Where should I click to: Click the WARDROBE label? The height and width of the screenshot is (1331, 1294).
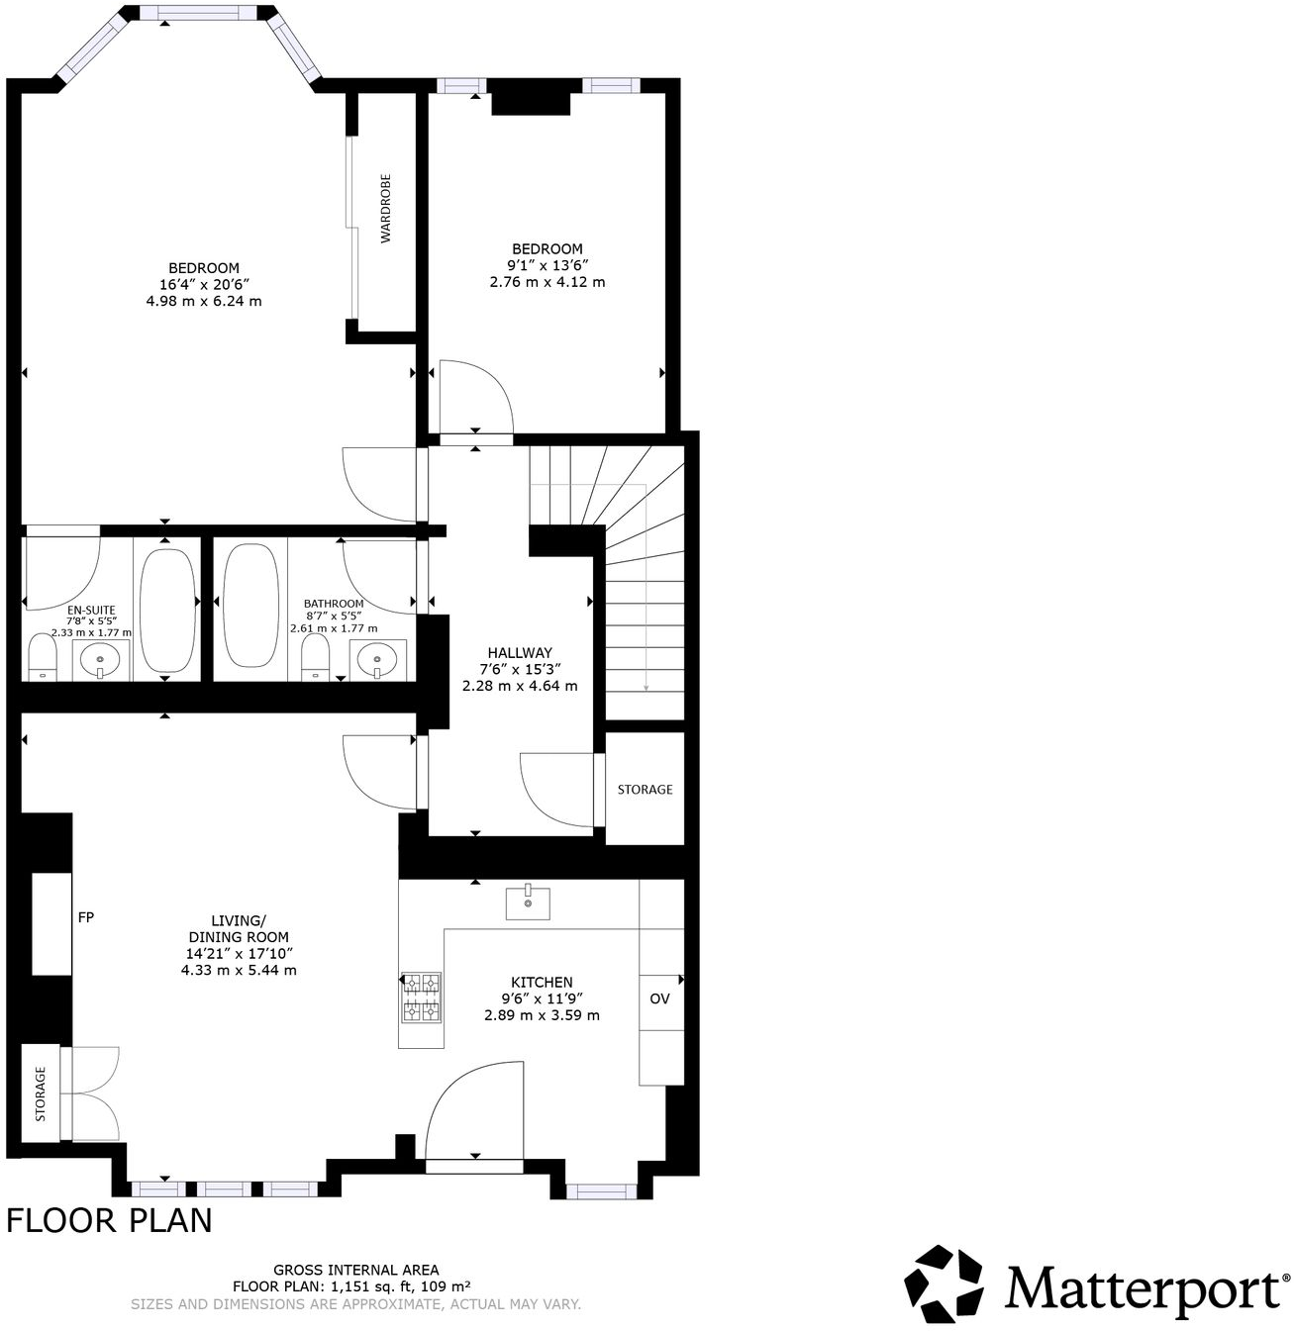pyautogui.click(x=386, y=209)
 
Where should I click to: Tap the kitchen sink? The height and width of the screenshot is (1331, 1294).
pyautogui.click(x=528, y=903)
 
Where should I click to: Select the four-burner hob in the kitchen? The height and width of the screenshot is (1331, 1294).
pyautogui.click(x=421, y=997)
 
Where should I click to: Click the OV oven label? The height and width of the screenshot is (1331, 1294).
pyautogui.click(x=659, y=998)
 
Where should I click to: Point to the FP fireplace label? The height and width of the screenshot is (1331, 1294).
pyautogui.click(x=86, y=917)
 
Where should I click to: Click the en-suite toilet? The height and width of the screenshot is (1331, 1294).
pyautogui.click(x=42, y=658)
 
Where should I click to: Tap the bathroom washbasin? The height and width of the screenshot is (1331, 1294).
pyautogui.click(x=377, y=659)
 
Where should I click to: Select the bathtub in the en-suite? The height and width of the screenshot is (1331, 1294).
pyautogui.click(x=167, y=610)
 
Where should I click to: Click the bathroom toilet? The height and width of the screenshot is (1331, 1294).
pyautogui.click(x=315, y=658)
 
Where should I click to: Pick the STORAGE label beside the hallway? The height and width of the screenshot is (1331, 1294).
pyautogui.click(x=645, y=790)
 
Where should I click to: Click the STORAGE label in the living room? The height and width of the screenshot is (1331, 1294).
pyautogui.click(x=41, y=1093)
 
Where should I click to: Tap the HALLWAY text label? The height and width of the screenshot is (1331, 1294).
pyautogui.click(x=519, y=653)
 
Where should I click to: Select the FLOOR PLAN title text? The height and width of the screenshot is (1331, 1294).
pyautogui.click(x=109, y=1221)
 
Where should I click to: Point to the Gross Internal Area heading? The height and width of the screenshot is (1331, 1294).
pyautogui.click(x=355, y=1270)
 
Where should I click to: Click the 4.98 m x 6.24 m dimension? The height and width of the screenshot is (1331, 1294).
pyautogui.click(x=204, y=301)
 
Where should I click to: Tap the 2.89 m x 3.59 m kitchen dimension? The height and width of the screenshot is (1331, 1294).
pyautogui.click(x=542, y=1014)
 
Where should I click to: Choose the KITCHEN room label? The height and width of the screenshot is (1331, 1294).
pyautogui.click(x=542, y=982)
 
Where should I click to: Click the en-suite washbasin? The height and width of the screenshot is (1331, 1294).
pyautogui.click(x=100, y=659)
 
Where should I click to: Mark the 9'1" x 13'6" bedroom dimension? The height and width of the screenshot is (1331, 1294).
pyautogui.click(x=547, y=265)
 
